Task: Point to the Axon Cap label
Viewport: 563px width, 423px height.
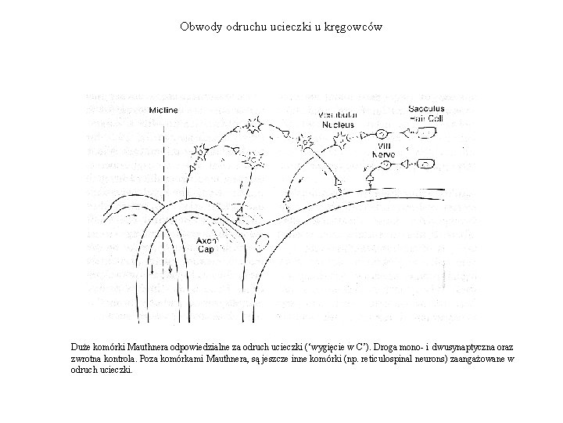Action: [205, 245]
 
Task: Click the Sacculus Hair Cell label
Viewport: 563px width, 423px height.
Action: [426, 113]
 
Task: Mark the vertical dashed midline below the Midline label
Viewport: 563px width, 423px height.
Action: [163, 172]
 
